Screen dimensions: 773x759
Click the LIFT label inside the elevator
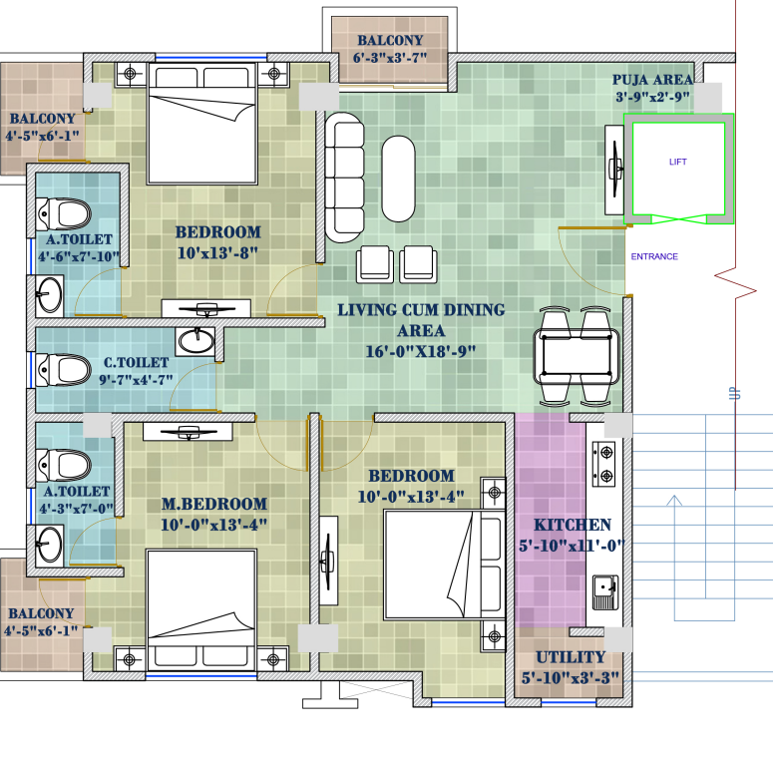[x=678, y=162]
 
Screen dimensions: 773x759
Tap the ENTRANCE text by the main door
[x=654, y=256]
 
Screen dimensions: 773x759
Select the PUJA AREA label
[x=652, y=80]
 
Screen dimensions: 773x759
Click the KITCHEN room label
[x=573, y=525]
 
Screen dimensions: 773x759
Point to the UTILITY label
[x=571, y=657]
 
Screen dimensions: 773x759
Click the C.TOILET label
[x=136, y=363]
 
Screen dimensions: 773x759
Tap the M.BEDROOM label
[x=214, y=504]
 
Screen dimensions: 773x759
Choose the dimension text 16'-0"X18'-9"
[x=421, y=351]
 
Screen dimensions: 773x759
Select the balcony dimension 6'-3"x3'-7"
[x=390, y=58]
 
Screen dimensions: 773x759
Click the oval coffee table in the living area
[x=398, y=179]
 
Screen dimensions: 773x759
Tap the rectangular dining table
[x=577, y=356]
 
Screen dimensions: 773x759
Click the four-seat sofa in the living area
[x=344, y=178]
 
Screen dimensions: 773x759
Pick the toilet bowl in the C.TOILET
[x=64, y=370]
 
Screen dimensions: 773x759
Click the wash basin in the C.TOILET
[x=195, y=340]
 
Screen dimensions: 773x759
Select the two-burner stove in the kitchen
[x=603, y=464]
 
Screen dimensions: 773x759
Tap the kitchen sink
[x=604, y=592]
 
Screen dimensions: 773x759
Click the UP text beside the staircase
[x=735, y=394]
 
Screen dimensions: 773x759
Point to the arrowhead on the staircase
[x=674, y=501]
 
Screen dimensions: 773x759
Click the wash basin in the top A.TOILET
[x=50, y=295]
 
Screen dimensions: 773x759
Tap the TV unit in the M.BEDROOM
[x=188, y=432]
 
